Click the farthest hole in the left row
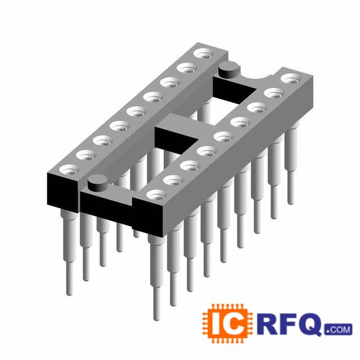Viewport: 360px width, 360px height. [204, 53]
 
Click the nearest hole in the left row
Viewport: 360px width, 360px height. [69, 169]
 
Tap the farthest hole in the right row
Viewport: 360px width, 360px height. [291, 79]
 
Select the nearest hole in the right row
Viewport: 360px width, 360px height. [156, 195]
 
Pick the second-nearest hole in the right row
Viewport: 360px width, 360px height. [173, 180]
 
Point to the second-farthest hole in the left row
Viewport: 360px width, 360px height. [187, 68]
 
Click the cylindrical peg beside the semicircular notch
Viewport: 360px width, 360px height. [228, 70]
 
